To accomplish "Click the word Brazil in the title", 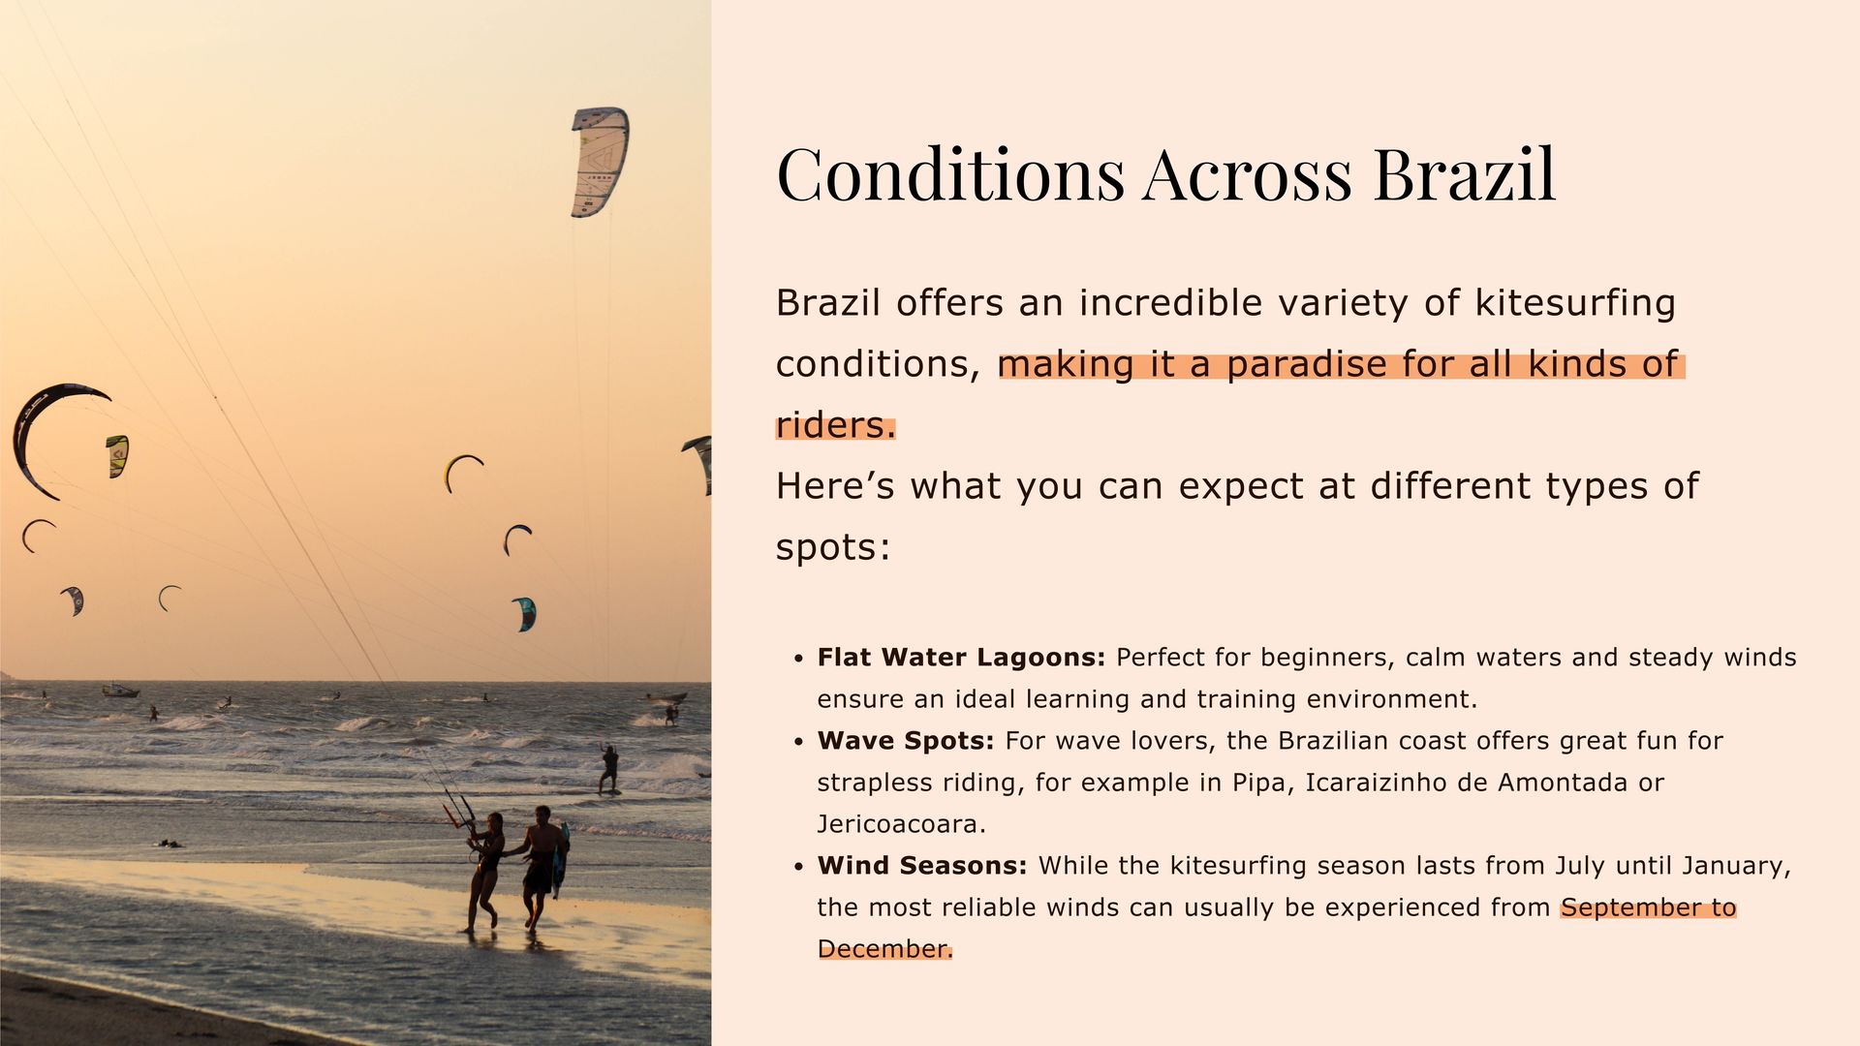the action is [x=1464, y=174].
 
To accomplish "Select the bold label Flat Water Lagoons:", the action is [x=961, y=658].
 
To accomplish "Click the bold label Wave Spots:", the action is [x=906, y=741].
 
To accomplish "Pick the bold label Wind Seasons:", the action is [x=922, y=866].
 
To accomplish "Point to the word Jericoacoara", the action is [x=901, y=824].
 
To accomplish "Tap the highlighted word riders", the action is [x=836, y=425].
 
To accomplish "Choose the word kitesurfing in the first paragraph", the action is [x=1575, y=303].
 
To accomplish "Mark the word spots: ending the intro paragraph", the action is [x=833, y=548].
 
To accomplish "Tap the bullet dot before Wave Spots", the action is [x=798, y=742].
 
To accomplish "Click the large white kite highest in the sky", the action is [x=599, y=162].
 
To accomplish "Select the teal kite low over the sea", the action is [x=524, y=614].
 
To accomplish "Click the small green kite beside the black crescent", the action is [x=117, y=456].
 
